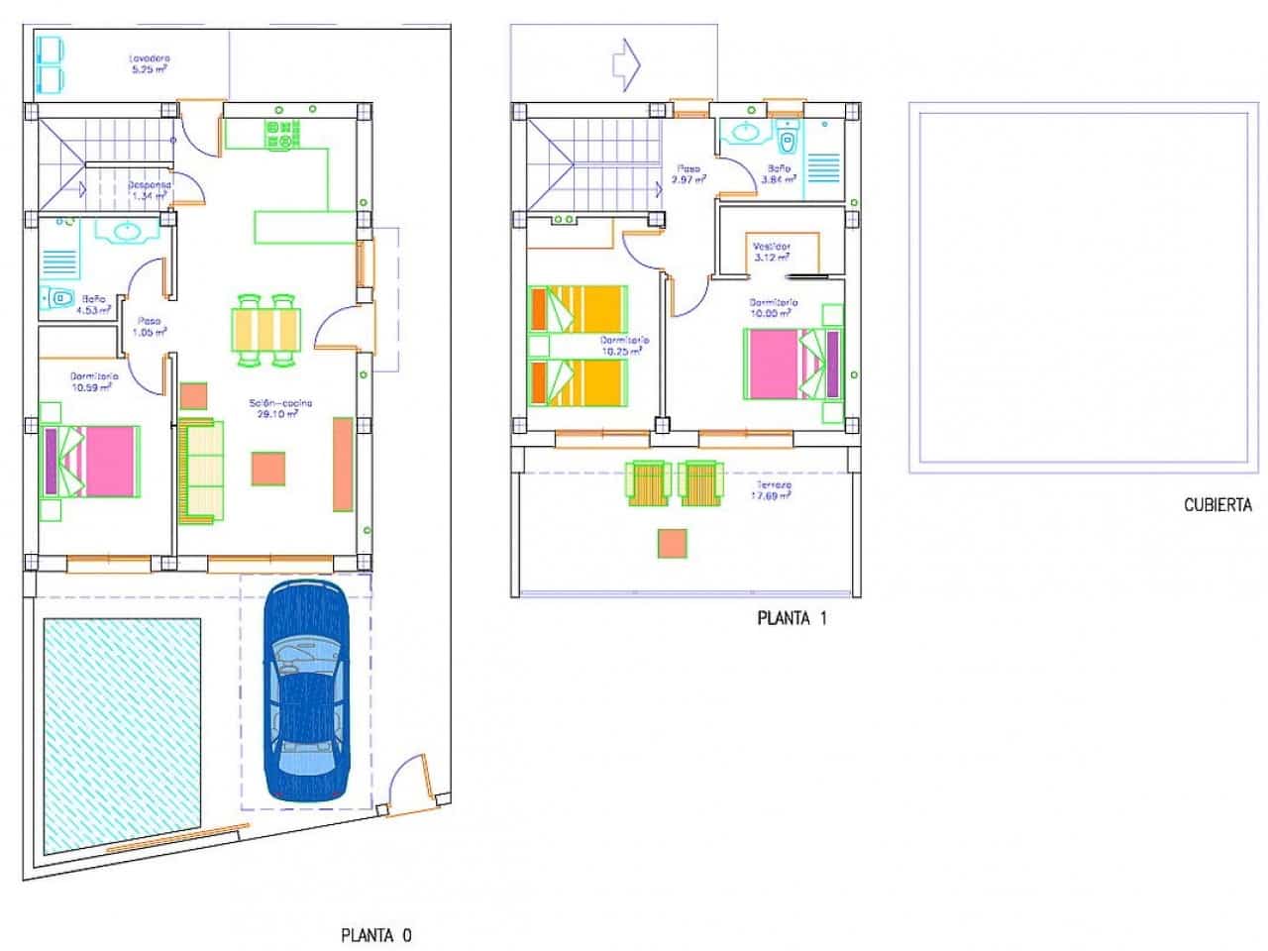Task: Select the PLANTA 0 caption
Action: click(x=375, y=934)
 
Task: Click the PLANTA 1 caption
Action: click(x=792, y=619)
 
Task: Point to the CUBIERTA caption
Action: click(x=1217, y=505)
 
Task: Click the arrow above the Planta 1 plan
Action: click(x=627, y=63)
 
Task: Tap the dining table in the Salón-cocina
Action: click(x=266, y=330)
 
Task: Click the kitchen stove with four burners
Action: click(x=281, y=135)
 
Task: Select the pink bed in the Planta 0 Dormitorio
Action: click(x=97, y=461)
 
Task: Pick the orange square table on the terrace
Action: click(x=672, y=544)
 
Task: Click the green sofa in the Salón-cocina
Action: click(x=201, y=471)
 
